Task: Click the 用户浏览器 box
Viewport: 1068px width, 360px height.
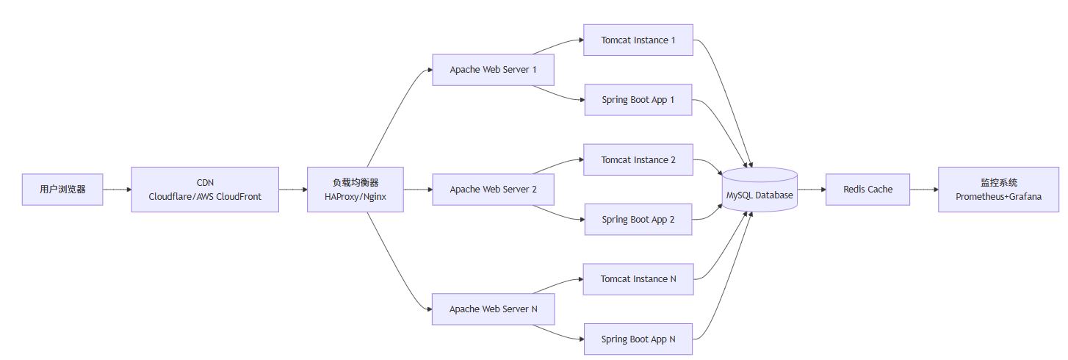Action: click(x=62, y=190)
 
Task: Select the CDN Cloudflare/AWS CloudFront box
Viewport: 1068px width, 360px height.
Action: click(x=205, y=190)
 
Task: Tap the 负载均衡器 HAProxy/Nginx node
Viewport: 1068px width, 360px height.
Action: click(x=356, y=190)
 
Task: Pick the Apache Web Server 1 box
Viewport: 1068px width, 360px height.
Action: click(x=493, y=70)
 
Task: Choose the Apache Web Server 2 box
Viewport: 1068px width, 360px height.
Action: click(x=493, y=190)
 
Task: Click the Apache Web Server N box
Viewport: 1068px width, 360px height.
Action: click(x=493, y=309)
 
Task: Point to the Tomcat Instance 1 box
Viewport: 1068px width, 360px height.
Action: click(x=638, y=40)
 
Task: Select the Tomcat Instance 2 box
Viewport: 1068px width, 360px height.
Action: click(x=638, y=159)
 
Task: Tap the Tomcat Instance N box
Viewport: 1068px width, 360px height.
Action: click(x=638, y=279)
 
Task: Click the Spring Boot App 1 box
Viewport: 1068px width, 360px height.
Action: click(x=638, y=100)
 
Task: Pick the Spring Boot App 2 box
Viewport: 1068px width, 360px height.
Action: click(x=638, y=220)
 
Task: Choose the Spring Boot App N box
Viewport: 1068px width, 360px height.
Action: click(x=638, y=339)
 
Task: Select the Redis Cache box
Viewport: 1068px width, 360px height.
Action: click(x=868, y=190)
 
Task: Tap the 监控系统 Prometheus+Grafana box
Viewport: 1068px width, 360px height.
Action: click(x=998, y=190)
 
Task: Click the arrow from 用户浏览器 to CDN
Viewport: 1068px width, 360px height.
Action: click(x=118, y=190)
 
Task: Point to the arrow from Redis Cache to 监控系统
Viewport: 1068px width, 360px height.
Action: click(x=924, y=190)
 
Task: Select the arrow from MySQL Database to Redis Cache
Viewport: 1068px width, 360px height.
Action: click(x=812, y=190)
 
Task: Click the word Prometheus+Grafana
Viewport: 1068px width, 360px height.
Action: click(x=998, y=197)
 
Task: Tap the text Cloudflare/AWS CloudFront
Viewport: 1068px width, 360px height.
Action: click(x=205, y=197)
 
